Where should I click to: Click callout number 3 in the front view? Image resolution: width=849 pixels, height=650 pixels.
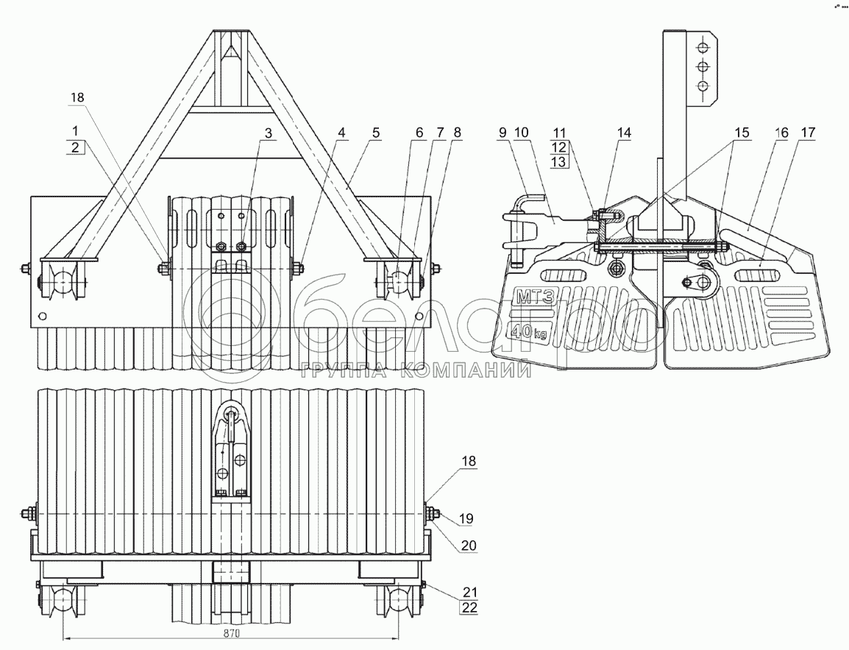[x=269, y=133]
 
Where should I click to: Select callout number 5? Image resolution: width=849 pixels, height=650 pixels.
[x=376, y=133]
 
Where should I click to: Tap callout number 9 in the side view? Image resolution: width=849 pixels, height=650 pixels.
[x=502, y=133]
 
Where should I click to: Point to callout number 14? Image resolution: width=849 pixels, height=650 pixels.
[x=625, y=133]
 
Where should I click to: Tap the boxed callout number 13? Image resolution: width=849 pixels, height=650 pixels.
[x=560, y=161]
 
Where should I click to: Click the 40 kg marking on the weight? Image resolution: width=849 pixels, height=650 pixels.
[x=530, y=331]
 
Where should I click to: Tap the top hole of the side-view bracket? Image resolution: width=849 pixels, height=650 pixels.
[x=703, y=47]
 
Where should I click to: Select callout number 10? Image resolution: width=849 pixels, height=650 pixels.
[x=522, y=133]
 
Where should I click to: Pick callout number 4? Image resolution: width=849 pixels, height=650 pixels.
[x=341, y=133]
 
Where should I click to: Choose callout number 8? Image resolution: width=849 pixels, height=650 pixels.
[x=458, y=133]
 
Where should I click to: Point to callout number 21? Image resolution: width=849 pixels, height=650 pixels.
[x=469, y=591]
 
